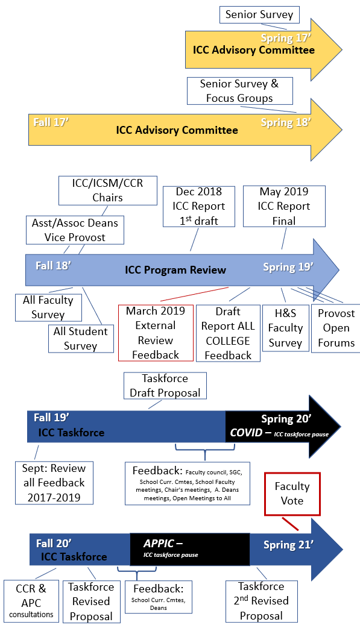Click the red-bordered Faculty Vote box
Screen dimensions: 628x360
tap(292, 494)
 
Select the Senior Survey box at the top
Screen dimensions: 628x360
tap(259, 14)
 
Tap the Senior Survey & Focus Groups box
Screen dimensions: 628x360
tap(239, 91)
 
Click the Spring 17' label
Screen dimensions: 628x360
tap(286, 39)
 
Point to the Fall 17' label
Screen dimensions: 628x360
tap(51, 122)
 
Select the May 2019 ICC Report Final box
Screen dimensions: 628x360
tap(283, 206)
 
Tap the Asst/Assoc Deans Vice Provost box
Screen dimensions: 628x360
tap(75, 230)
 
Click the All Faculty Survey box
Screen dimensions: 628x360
tap(48, 307)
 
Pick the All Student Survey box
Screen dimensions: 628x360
tap(80, 338)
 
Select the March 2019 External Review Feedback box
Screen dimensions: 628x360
tap(156, 333)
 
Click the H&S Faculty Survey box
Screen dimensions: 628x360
tap(285, 328)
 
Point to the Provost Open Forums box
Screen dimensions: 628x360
tap(336, 328)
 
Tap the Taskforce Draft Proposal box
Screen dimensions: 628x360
tap(165, 386)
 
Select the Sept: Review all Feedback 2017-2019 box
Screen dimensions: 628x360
tap(55, 483)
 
